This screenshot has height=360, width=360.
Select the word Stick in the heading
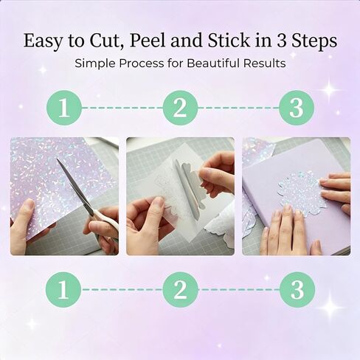pyautogui.click(x=229, y=41)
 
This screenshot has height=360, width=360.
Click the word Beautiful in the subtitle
pyautogui.click(x=213, y=63)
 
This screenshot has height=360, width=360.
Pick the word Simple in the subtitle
pyautogui.click(x=94, y=64)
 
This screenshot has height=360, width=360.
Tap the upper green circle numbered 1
pyautogui.click(x=63, y=108)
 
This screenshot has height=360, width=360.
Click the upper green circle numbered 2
pyautogui.click(x=180, y=108)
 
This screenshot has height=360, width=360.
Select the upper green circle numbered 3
pyautogui.click(x=297, y=108)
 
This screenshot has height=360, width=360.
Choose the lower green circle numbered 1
pyautogui.click(x=63, y=289)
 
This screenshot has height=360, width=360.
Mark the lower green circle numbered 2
pyautogui.click(x=180, y=289)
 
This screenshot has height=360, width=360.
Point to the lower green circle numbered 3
pyautogui.click(x=297, y=289)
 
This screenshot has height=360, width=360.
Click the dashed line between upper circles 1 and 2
pyautogui.click(x=122, y=108)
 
